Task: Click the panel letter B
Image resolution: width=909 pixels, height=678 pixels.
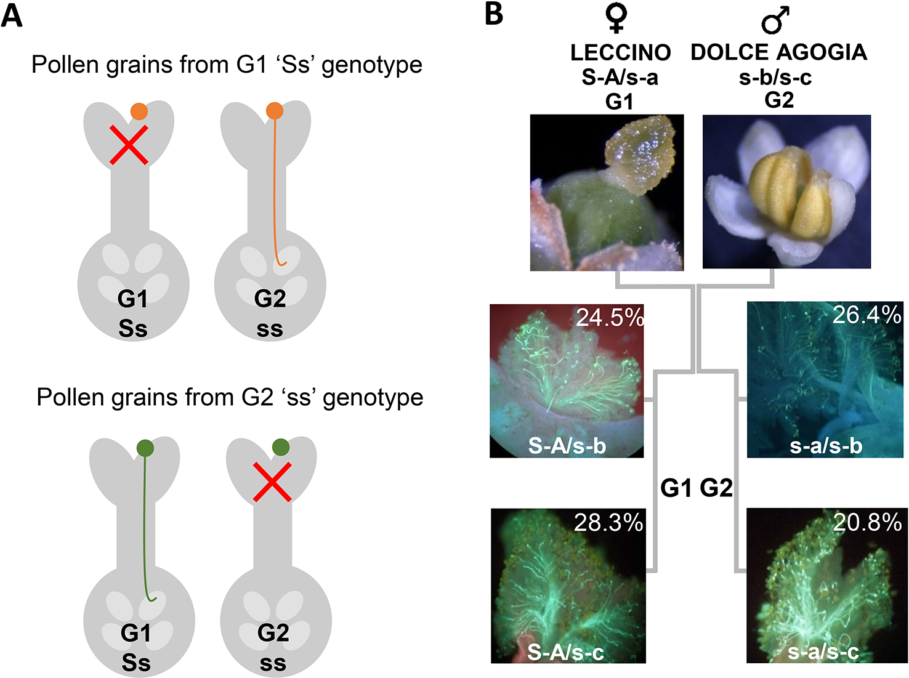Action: (x=494, y=14)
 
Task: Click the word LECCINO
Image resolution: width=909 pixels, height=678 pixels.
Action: (x=620, y=53)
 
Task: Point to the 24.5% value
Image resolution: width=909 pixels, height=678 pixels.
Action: (x=609, y=317)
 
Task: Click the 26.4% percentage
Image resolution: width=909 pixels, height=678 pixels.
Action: (x=867, y=315)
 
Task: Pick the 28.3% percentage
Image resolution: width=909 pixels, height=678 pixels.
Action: (x=608, y=522)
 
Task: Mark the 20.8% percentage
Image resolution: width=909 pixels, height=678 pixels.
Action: (x=867, y=522)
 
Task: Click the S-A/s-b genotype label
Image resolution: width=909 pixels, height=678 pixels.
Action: (x=567, y=446)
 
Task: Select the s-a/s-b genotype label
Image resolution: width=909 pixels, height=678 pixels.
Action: (x=825, y=446)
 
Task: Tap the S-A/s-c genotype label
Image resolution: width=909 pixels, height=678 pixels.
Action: (x=565, y=653)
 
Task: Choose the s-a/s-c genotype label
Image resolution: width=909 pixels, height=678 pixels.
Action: (x=823, y=652)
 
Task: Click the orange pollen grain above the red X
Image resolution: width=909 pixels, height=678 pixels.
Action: (x=139, y=111)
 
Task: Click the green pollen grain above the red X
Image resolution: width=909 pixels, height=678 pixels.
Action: (x=281, y=446)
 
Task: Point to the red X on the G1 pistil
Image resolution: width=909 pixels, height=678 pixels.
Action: (x=129, y=145)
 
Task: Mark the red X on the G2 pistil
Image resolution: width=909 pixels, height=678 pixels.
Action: (x=272, y=482)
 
